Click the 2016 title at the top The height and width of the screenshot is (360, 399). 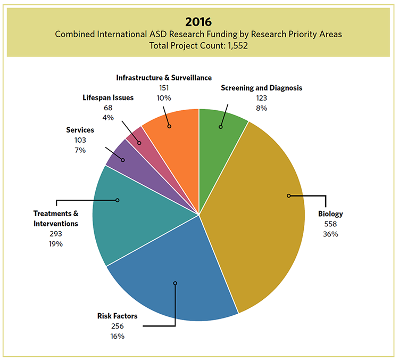coord(198,22)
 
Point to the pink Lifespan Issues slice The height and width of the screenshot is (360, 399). coord(136,140)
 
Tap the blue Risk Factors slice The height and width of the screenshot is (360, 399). coord(170,277)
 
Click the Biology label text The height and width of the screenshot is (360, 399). coord(330,214)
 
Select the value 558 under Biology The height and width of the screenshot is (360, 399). coord(330,224)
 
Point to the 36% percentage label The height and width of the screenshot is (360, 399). coord(330,234)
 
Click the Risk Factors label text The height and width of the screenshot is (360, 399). coord(117,316)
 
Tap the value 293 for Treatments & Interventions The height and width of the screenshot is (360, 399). coord(55,234)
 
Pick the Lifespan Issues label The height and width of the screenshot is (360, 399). coord(108,98)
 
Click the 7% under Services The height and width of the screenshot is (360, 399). coord(80,150)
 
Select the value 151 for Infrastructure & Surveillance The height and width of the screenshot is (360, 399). coord(164,88)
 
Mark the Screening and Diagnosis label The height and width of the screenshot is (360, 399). coord(261,88)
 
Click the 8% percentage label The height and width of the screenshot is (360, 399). coord(261,108)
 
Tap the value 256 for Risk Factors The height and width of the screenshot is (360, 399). coord(117,326)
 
